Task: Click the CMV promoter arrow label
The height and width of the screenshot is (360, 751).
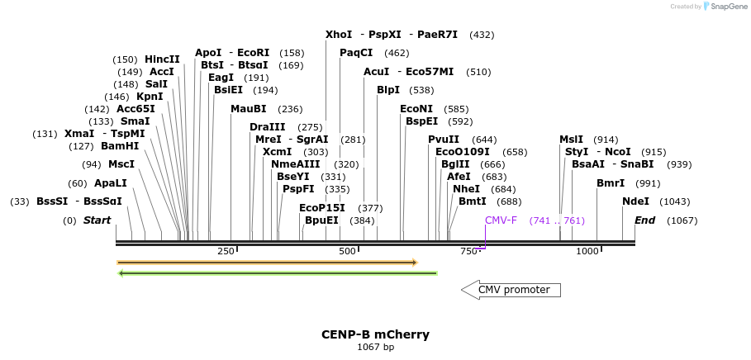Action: click(513, 290)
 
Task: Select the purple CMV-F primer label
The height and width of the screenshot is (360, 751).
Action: click(501, 220)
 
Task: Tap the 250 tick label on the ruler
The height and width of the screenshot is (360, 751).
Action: click(226, 251)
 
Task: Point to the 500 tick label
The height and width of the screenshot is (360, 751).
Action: click(347, 251)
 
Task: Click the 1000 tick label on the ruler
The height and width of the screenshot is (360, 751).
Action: click(587, 251)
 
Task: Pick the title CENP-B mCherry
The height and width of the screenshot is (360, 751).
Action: click(375, 334)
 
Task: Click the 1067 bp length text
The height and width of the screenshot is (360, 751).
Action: click(375, 347)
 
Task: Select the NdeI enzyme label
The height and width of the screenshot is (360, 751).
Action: click(635, 201)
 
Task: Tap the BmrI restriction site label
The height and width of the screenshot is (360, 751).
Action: click(611, 183)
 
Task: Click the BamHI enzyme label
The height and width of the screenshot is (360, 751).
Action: click(121, 146)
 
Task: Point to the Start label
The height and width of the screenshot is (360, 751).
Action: click(97, 220)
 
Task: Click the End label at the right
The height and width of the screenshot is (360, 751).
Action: click(644, 220)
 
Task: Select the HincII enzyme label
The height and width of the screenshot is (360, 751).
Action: click(162, 59)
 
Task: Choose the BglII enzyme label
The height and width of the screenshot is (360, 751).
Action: click(454, 164)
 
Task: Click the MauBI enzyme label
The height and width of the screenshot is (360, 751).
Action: click(248, 109)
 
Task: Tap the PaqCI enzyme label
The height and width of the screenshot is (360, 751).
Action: click(356, 53)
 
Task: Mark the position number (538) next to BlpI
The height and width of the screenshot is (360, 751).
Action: click(421, 90)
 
